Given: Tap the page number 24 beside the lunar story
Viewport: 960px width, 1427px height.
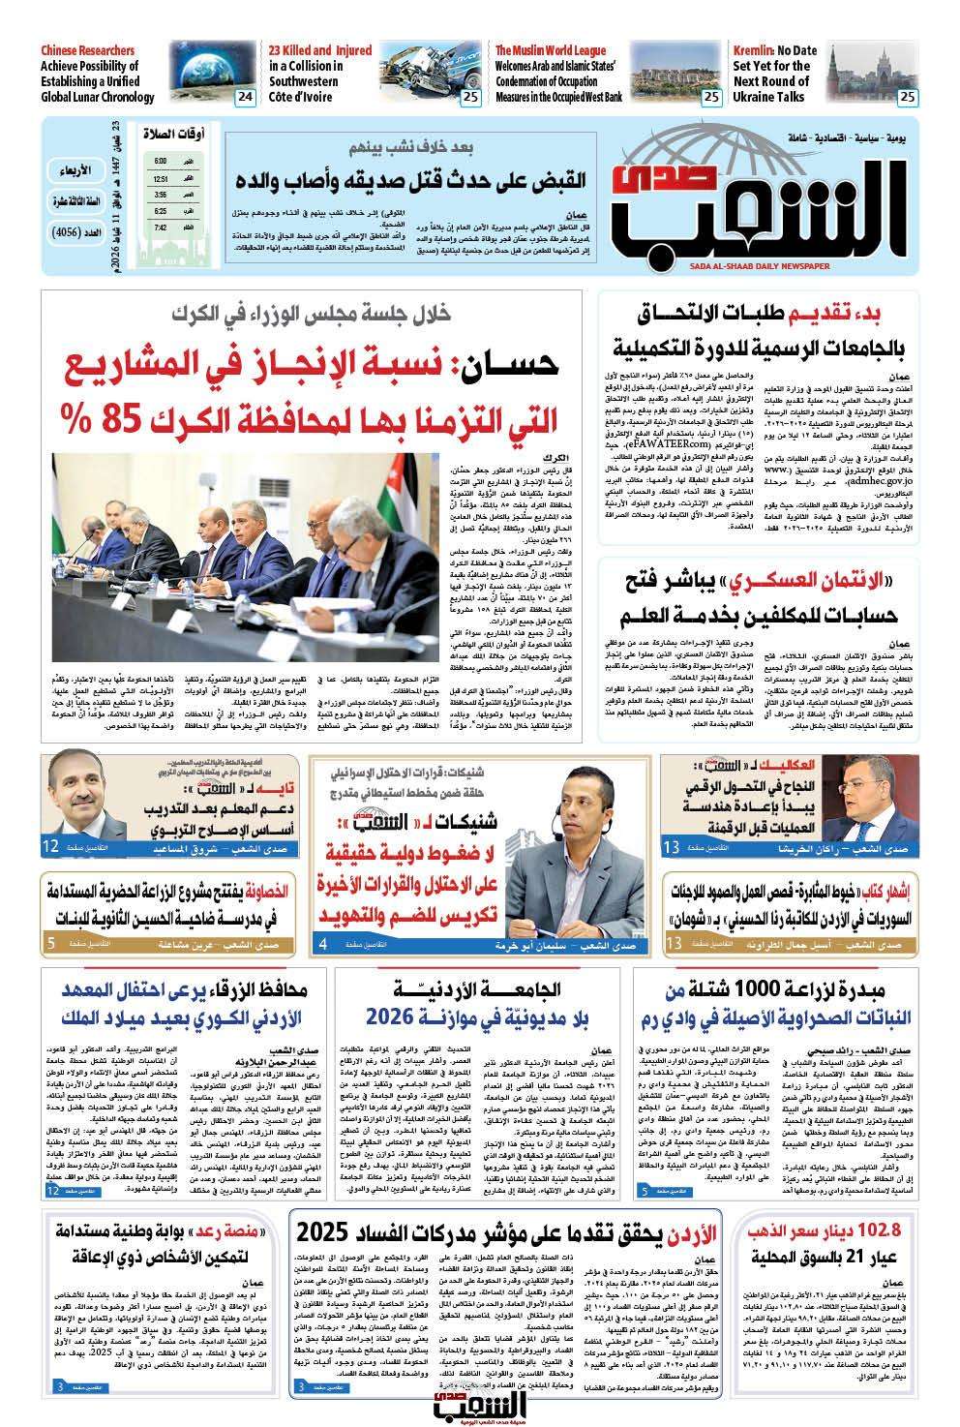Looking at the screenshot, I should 245,97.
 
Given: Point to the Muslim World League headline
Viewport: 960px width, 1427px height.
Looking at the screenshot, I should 559,74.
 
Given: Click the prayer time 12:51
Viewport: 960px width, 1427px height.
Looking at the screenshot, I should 161,179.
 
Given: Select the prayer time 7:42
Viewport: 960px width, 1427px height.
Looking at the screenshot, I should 161,228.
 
